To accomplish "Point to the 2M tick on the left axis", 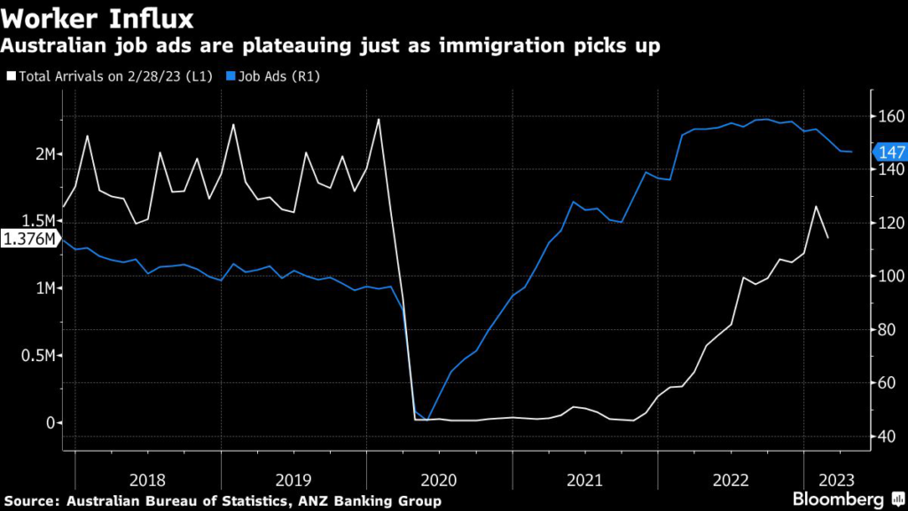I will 44,154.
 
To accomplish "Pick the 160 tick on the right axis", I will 888,116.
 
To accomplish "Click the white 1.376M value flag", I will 30,239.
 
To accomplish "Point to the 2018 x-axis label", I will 147,480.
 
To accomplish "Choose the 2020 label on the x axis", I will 439,480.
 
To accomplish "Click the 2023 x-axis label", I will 837,480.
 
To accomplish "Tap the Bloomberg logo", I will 843,499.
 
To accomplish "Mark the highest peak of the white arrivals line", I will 379,119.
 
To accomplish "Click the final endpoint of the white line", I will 828,238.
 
